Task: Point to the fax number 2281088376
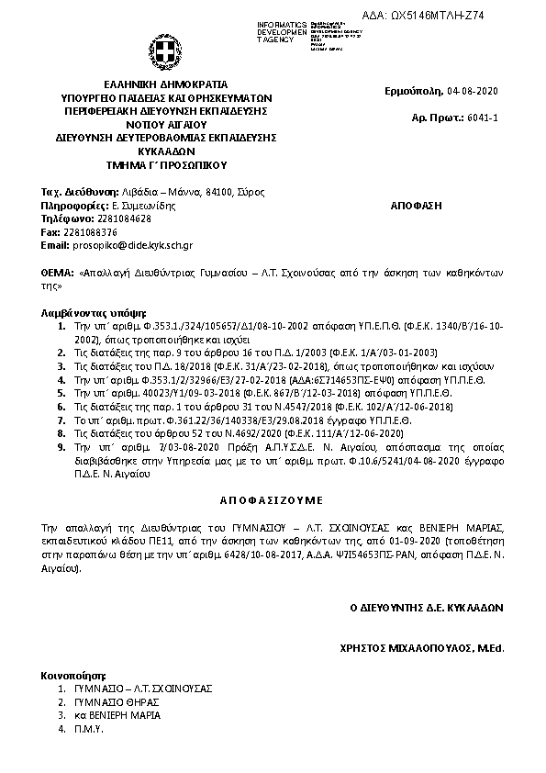click(90, 233)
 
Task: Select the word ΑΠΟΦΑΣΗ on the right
click(422, 207)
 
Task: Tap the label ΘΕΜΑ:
click(59, 274)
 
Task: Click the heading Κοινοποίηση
click(81, 675)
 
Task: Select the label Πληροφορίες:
click(72, 207)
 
